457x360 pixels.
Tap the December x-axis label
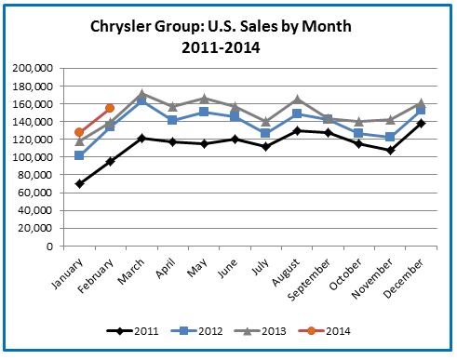407,275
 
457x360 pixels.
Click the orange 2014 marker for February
110,109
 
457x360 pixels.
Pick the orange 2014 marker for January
79,132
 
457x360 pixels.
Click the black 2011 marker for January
79,183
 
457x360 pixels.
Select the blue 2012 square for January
79,155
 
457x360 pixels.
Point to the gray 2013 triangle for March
141,94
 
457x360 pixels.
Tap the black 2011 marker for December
421,123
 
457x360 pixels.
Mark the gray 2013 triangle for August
297,99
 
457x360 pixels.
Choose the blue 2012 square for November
390,137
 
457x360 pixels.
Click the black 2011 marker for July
266,146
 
